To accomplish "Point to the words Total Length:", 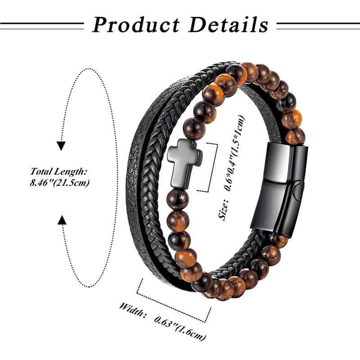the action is point(58,171).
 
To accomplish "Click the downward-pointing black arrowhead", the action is point(62,146).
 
